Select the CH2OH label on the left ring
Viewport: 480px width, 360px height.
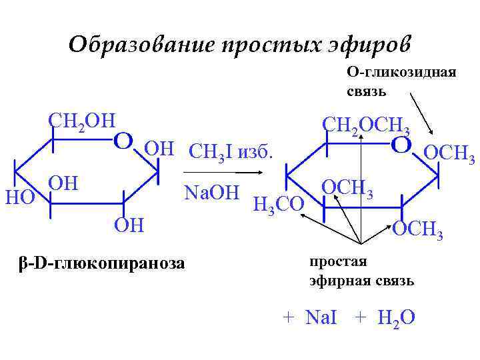[x=81, y=121]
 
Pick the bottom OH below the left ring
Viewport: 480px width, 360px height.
[x=128, y=224]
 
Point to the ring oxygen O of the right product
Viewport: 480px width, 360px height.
[x=401, y=145]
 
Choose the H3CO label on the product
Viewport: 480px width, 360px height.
[x=279, y=203]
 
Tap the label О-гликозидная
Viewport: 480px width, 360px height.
[x=401, y=73]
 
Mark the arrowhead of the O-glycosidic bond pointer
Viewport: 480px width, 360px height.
[x=434, y=136]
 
